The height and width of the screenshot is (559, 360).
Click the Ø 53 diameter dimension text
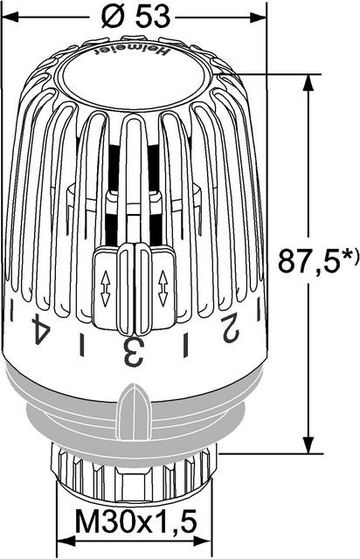pyautogui.click(x=135, y=17)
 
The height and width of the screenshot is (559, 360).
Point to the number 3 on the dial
pyautogui.click(x=134, y=352)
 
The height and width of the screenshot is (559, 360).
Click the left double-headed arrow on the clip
pyautogui.click(x=105, y=289)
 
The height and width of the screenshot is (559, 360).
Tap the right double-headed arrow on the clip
pyautogui.click(x=163, y=289)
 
